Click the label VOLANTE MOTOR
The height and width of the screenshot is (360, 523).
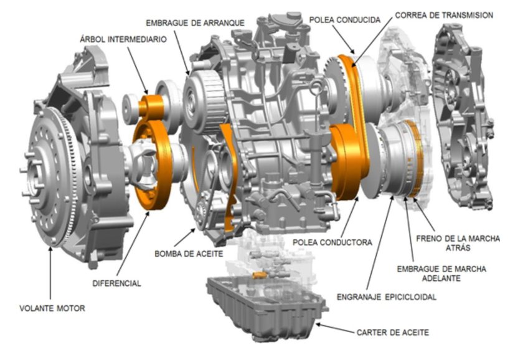[x=52, y=308]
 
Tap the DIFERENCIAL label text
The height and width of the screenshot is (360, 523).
[x=116, y=283]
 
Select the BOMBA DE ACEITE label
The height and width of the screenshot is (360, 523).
[x=189, y=254]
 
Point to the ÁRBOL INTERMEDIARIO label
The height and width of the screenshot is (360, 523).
[x=123, y=39]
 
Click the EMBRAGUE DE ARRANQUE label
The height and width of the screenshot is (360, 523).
[x=195, y=23]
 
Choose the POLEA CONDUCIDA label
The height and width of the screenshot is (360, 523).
[x=345, y=20]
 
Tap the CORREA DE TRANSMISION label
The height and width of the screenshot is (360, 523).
[x=444, y=15]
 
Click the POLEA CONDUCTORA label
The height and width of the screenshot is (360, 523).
[x=332, y=242]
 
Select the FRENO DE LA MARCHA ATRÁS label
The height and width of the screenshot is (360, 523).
[x=458, y=244]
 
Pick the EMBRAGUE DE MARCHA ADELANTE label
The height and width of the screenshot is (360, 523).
[x=441, y=273]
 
